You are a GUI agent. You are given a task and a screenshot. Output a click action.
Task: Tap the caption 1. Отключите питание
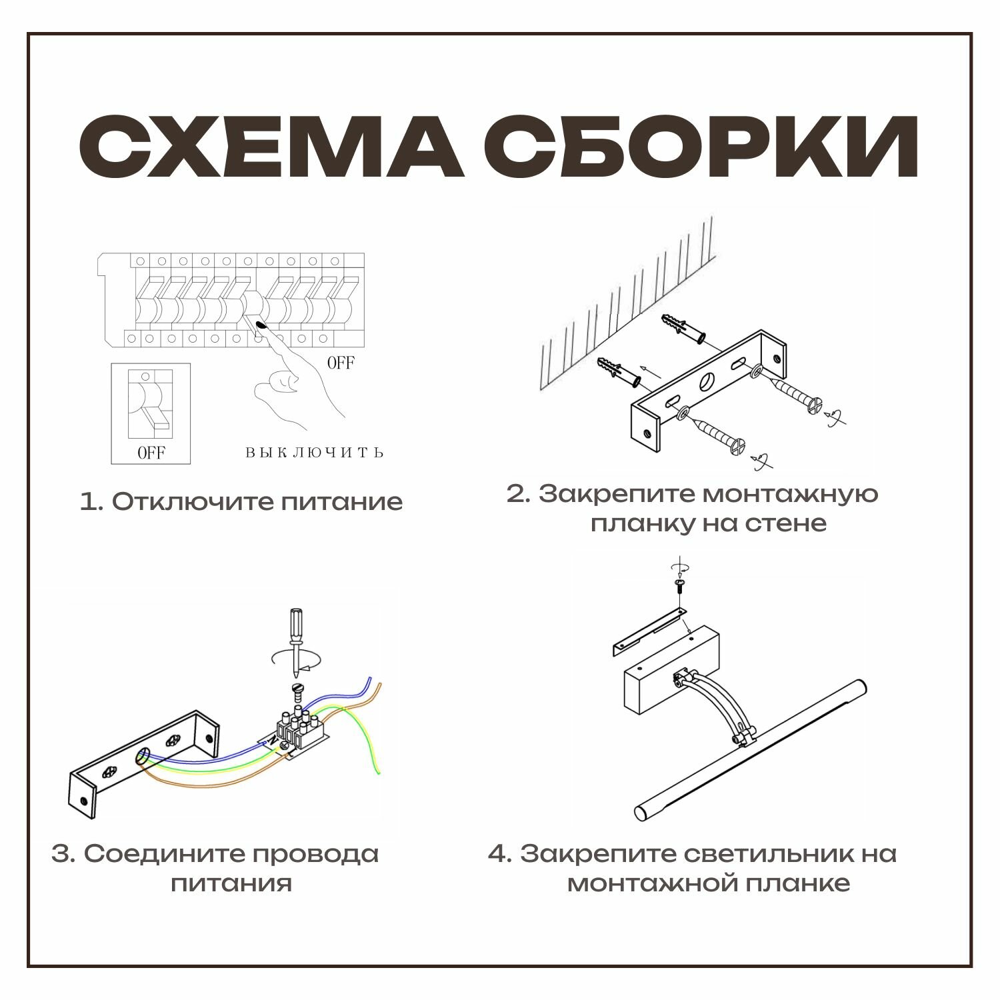(241, 501)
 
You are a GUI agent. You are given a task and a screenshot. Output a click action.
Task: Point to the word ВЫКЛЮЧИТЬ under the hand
(315, 453)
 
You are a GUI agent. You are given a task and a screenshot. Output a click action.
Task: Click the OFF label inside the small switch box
(151, 453)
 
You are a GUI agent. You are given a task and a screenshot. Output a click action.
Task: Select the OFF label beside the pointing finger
(341, 363)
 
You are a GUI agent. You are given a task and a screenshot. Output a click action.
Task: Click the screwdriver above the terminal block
(293, 640)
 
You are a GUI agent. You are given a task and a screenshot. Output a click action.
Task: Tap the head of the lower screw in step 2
(737, 445)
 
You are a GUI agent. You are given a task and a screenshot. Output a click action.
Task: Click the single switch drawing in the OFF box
(151, 403)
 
